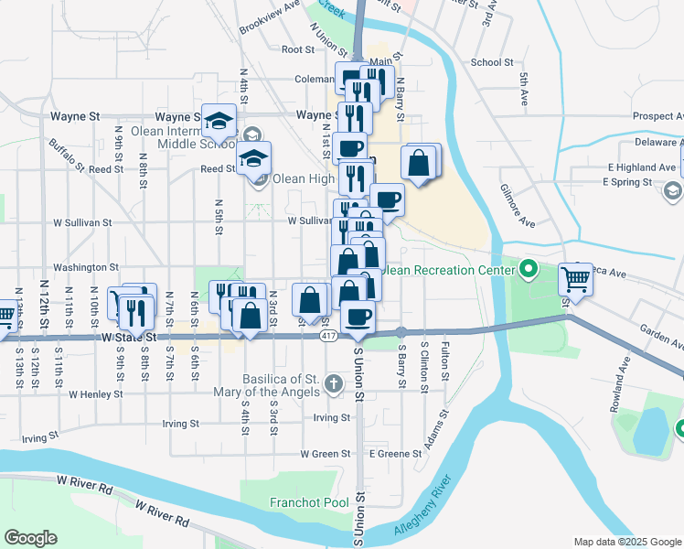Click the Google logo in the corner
point(30,538)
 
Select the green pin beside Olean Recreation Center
point(528,270)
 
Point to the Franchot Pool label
point(309,502)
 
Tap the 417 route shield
point(328,338)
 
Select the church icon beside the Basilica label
point(335,384)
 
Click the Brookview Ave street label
point(270,17)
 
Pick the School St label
point(492,62)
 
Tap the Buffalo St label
point(67,156)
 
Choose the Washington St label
point(86,268)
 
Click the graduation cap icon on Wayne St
point(219,120)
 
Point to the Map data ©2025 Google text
point(626,542)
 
